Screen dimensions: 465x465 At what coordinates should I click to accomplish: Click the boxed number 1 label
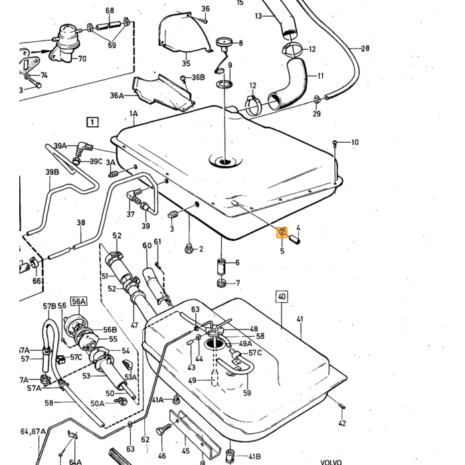coord(92,122)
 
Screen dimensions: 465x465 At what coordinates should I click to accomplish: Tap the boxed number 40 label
coord(282,296)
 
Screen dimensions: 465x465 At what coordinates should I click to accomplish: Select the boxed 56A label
coord(78,302)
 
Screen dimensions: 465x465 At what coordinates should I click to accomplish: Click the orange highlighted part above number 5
coord(282,232)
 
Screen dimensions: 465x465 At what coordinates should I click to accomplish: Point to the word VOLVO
coord(331,462)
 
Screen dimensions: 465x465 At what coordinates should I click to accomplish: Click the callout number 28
coord(365,48)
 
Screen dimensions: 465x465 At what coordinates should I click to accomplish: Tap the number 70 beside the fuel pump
coord(82,58)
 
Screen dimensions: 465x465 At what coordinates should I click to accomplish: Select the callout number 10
coord(355,142)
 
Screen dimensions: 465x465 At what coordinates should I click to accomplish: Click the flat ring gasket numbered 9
coord(225,84)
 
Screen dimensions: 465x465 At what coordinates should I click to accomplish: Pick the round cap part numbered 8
coord(225,43)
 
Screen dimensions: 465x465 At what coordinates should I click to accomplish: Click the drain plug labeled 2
coord(189,248)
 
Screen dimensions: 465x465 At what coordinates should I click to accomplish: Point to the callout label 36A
coord(117,96)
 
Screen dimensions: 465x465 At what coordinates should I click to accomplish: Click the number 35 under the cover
coord(186,63)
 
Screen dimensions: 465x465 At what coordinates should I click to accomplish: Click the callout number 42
coord(342,423)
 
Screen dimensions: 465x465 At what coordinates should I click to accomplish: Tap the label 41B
coord(254,457)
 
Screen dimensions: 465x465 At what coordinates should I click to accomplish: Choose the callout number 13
coord(258,16)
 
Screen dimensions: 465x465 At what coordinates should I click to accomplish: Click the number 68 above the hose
coord(110,11)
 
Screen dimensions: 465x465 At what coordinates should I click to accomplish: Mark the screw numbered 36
coord(203,20)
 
